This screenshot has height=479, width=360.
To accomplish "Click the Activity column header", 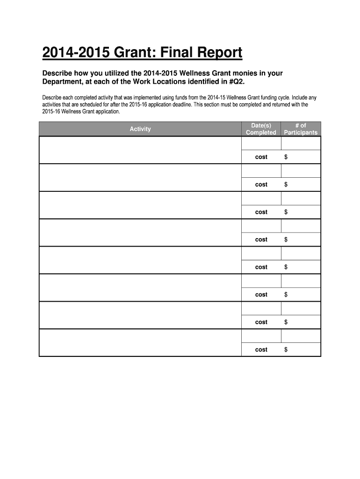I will pos(140,129).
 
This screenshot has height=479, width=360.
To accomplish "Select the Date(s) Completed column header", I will pos(261,129).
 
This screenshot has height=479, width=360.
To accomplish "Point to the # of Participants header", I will pos(301,129).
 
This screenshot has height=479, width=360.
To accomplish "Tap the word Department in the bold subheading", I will pos(64,82).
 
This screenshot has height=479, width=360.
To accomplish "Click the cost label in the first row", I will pos(261,157).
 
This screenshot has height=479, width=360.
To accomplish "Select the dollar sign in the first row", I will pos(286,157).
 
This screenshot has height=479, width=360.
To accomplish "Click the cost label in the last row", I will pos(261,350).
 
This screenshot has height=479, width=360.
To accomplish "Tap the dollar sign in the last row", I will pos(286,350).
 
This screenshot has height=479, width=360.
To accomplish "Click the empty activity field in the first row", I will pos(140,150).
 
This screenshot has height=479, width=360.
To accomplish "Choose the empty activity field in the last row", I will pos(140,343).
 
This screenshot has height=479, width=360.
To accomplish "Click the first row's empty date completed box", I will pos(261,144).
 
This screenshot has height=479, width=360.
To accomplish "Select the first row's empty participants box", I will pos(301,144).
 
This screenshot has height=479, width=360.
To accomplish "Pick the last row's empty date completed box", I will pos(261,336).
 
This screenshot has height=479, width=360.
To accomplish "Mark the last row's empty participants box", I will pos(301,336).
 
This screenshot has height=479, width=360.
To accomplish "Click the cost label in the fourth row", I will pos(261,239).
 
